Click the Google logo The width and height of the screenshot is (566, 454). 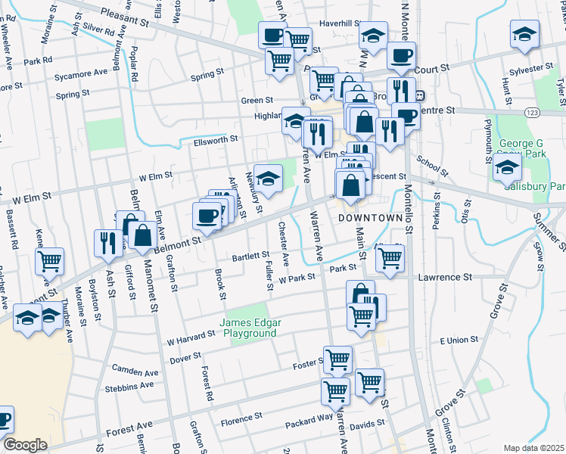pos(25,444)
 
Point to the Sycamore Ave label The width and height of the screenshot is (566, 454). pos(81,73)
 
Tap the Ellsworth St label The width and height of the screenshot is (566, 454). pos(216,139)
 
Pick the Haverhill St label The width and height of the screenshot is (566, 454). pos(338,23)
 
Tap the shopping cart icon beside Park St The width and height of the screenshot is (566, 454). pos(390,257)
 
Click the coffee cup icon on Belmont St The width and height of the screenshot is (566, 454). pos(207,216)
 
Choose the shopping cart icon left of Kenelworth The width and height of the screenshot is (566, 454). pos(50,261)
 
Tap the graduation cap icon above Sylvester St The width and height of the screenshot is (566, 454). pos(525,35)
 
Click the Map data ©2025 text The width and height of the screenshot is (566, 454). pos(533,448)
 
